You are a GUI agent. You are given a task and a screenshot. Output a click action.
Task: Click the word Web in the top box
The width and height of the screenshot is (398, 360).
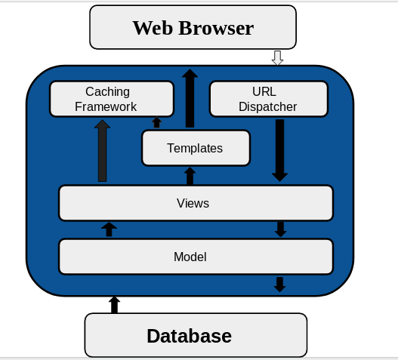[153, 28]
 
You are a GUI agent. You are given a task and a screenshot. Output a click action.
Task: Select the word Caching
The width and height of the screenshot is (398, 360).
[107, 91]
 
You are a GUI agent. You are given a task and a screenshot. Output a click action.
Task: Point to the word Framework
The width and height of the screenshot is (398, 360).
[106, 106]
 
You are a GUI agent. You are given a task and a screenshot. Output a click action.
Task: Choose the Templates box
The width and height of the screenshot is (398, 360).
[195, 148]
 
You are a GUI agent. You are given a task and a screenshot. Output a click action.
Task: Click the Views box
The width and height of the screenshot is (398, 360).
[195, 203]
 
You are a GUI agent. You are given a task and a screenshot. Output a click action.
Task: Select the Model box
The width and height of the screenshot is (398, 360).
[195, 257]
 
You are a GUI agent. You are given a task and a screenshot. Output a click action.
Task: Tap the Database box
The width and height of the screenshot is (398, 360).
[195, 335]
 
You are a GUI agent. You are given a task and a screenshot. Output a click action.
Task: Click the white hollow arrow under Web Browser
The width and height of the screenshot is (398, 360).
[277, 58]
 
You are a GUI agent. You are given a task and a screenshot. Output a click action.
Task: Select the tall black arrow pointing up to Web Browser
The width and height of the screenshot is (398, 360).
[190, 98]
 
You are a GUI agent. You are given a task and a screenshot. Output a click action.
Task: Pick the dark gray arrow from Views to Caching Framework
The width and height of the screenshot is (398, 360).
[102, 151]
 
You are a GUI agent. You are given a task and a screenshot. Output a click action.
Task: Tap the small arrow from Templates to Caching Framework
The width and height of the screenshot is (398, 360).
[156, 122]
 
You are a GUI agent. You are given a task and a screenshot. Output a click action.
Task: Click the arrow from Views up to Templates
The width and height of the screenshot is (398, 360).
[190, 176]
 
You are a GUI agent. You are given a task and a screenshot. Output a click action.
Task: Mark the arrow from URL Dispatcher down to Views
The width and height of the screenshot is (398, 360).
[279, 149]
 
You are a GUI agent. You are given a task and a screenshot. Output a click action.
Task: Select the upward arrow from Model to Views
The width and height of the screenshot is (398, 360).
[109, 229]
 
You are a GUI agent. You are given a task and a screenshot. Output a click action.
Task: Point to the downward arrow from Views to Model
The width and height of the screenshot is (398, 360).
[280, 229]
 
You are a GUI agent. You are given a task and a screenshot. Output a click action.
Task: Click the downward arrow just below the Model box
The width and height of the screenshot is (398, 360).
[279, 284]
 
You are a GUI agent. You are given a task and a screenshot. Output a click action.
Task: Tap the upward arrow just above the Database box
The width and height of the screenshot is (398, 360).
[114, 304]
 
